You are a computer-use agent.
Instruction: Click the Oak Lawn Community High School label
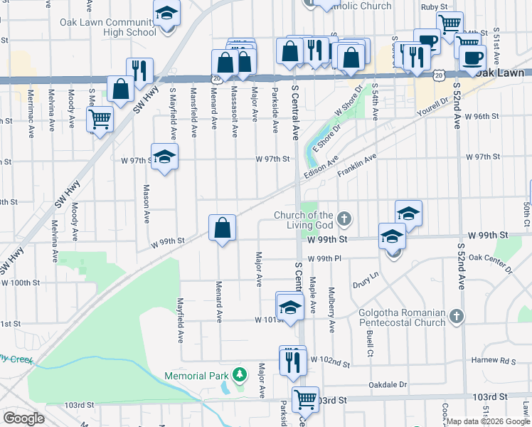(108, 27)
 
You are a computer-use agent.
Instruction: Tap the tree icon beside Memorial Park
(240, 374)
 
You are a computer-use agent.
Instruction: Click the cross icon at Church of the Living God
(344, 218)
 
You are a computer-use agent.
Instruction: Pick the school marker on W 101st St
(290, 306)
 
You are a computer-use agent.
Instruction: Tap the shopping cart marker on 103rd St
(305, 399)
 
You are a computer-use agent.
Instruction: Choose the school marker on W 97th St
(164, 157)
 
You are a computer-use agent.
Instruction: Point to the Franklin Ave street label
(359, 167)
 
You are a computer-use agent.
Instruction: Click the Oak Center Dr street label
(490, 263)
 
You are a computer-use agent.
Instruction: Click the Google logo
(23, 418)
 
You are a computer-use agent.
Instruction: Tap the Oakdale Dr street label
(387, 384)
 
